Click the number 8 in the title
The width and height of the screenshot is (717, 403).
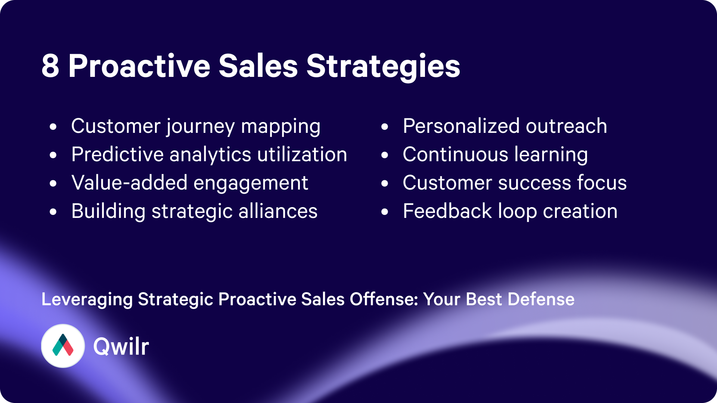50,66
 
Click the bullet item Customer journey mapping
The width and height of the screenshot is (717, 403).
196,126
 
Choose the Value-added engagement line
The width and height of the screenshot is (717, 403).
190,183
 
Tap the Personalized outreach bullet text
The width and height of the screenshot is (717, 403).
505,126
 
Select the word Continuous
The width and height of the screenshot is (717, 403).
455,154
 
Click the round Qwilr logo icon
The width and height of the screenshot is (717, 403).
63,346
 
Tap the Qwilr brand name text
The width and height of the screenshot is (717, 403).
121,347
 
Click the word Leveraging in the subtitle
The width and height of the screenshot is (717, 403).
87,300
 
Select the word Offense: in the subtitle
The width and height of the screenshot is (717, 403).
384,299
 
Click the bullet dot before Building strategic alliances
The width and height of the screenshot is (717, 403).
53,212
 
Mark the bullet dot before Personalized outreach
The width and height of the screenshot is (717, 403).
385,127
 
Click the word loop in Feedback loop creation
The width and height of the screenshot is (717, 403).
517,212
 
